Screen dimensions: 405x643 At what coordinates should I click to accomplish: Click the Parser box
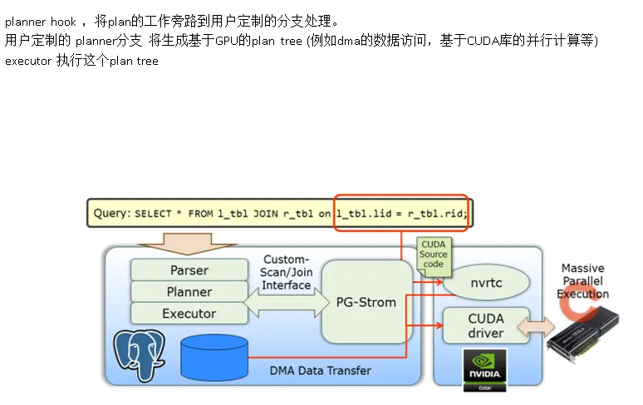(x=189, y=270)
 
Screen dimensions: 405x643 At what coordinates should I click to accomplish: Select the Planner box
(x=189, y=292)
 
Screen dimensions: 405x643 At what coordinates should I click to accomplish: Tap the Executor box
(x=189, y=314)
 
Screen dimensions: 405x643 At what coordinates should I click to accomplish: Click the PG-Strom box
(x=366, y=302)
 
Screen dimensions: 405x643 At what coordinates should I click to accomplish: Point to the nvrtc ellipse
(x=485, y=283)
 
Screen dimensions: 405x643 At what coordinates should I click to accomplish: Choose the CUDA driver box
(x=485, y=325)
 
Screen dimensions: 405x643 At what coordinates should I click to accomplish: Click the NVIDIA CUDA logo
(x=484, y=367)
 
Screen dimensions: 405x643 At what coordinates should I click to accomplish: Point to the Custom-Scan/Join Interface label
(x=286, y=273)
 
